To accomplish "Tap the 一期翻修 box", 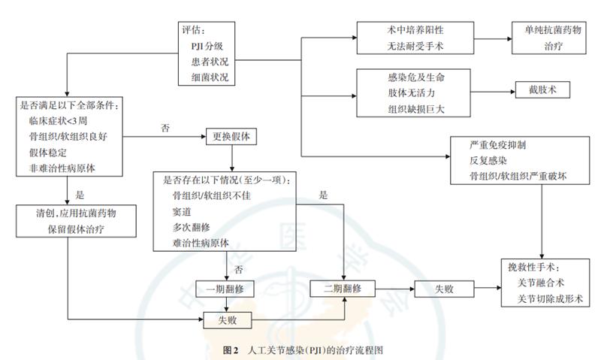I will (x=226, y=288).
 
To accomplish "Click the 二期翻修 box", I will (x=343, y=288).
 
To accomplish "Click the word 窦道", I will (x=181, y=211).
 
